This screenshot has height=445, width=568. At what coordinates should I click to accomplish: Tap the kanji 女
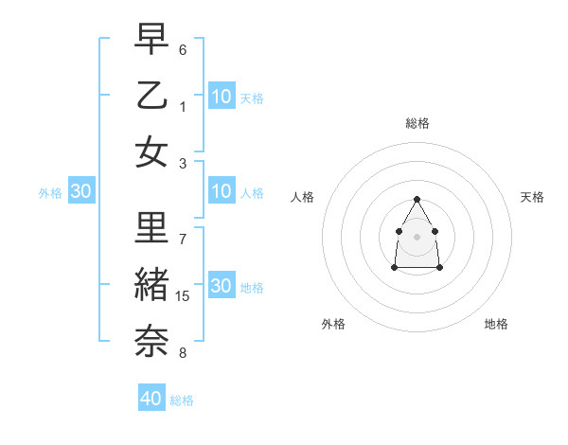click(x=151, y=151)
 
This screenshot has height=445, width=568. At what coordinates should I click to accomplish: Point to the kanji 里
click(x=151, y=228)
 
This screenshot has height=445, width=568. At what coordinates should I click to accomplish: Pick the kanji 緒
click(x=151, y=285)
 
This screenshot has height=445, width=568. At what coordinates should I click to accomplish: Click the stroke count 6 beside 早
click(x=183, y=49)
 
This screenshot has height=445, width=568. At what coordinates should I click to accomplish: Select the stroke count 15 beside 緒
click(x=183, y=296)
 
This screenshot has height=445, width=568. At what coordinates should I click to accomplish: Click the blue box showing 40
click(x=151, y=399)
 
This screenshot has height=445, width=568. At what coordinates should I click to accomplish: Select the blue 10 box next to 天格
click(x=222, y=96)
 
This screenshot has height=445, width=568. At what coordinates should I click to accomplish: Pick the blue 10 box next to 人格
click(x=222, y=192)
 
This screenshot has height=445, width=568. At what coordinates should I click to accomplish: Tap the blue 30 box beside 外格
click(x=80, y=192)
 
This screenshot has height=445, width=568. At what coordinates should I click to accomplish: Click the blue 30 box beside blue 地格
click(x=222, y=286)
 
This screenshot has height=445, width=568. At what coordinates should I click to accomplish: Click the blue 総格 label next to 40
click(x=182, y=400)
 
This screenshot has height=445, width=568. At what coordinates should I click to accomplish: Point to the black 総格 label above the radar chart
click(x=417, y=123)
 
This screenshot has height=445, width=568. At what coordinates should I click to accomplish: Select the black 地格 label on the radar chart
click(x=496, y=324)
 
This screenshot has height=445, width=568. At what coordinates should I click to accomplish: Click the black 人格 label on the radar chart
click(x=303, y=197)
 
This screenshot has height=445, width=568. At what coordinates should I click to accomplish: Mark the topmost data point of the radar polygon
click(x=417, y=199)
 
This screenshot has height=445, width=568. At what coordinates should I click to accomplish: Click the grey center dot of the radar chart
click(x=417, y=236)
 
